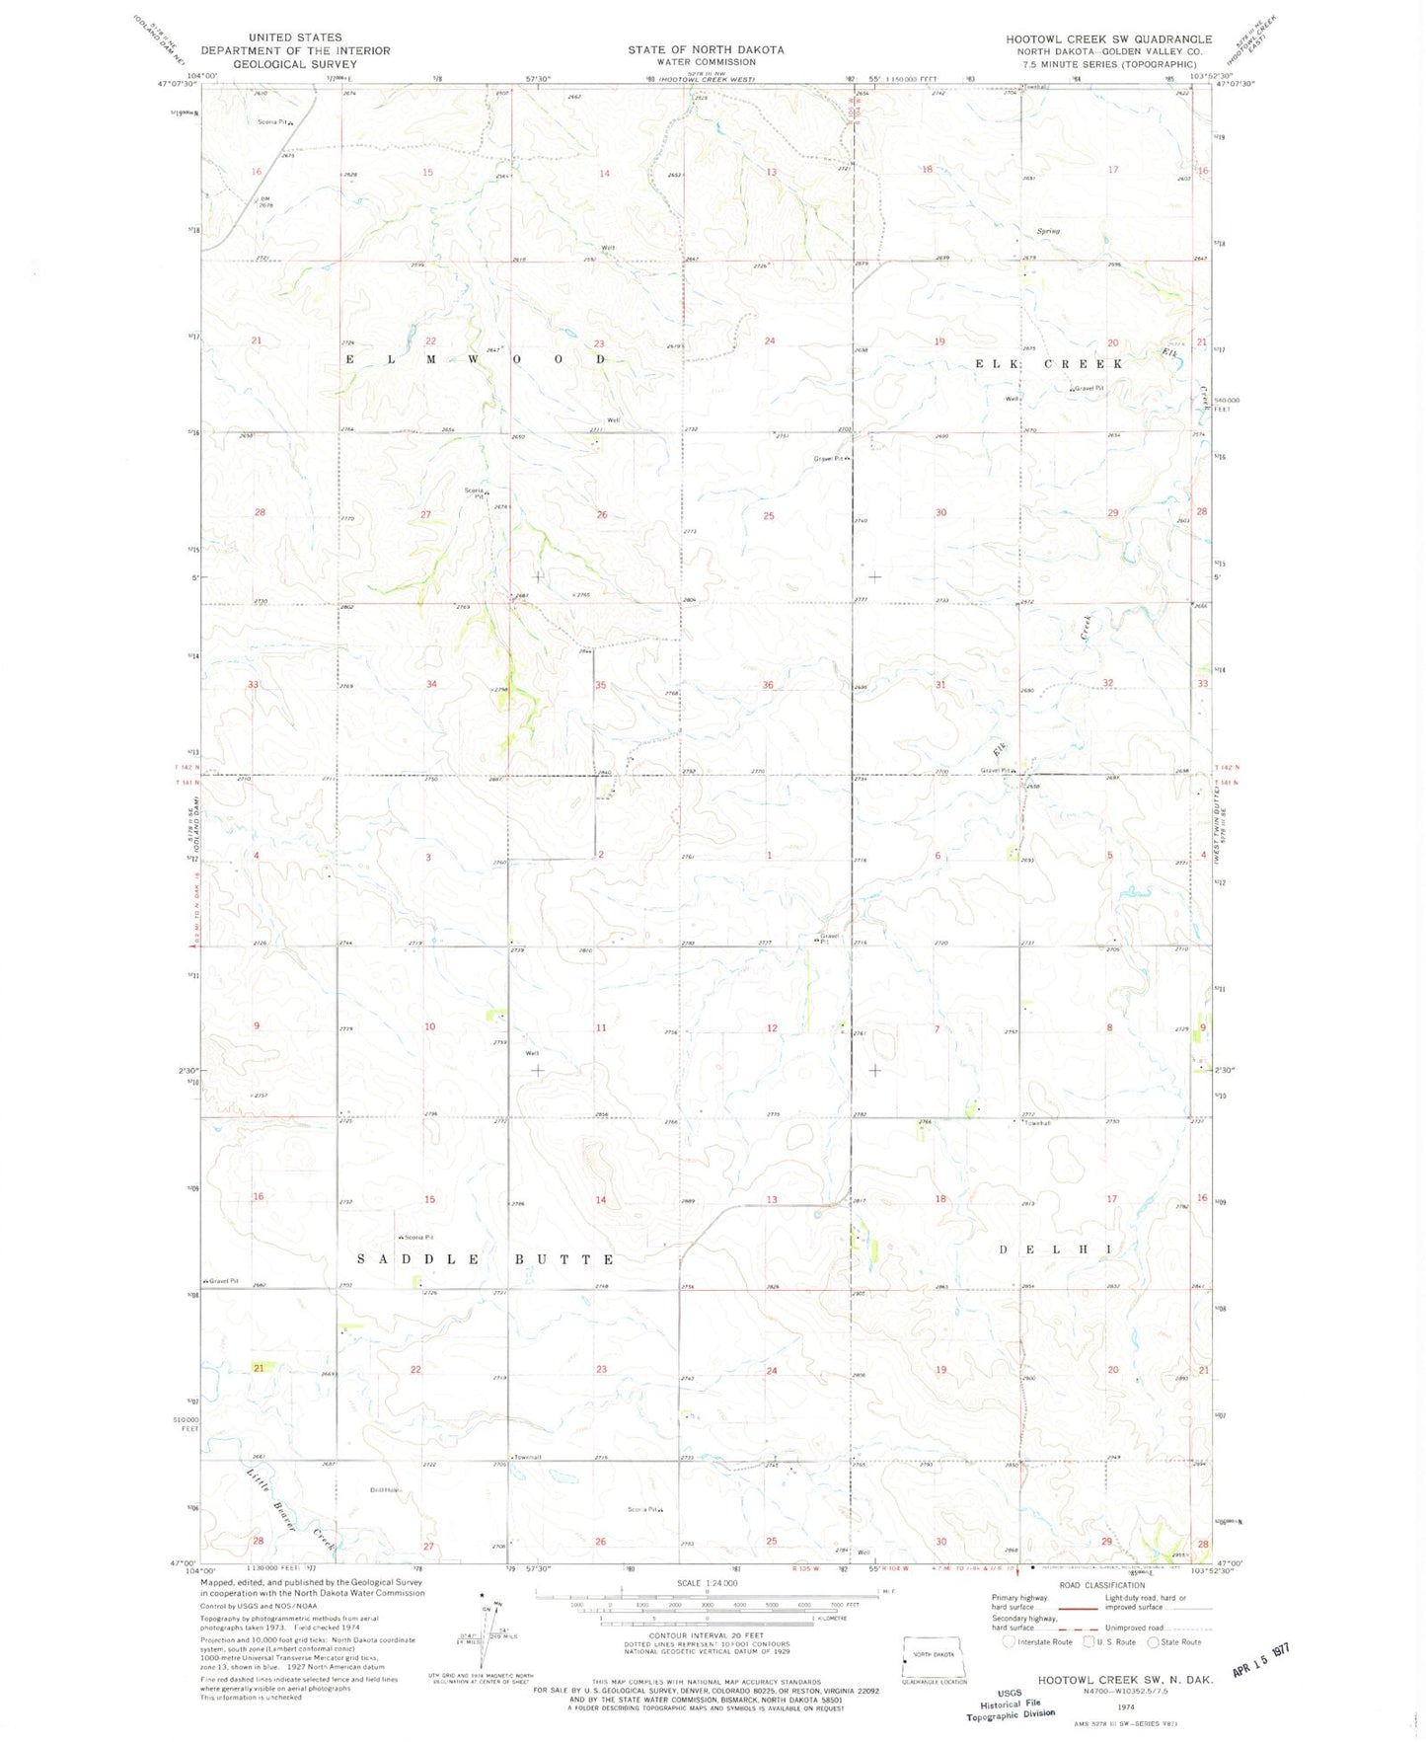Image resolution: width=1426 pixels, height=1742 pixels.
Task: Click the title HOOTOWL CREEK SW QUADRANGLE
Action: pyautogui.click(x=1108, y=39)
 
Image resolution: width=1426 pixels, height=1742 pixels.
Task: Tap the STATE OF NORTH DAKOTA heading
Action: pyautogui.click(x=706, y=49)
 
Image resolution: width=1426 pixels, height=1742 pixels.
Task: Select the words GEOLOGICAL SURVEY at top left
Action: pyautogui.click(x=295, y=64)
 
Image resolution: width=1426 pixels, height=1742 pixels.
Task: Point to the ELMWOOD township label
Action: pyautogui.click(x=475, y=359)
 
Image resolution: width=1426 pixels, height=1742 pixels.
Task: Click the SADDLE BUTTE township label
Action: pyautogui.click(x=486, y=1259)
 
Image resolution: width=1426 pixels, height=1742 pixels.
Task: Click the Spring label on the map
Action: pyautogui.click(x=1048, y=231)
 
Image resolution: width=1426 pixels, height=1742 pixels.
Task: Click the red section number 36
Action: pyautogui.click(x=768, y=685)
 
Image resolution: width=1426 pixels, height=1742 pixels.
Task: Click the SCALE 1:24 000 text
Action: pyautogui.click(x=706, y=1583)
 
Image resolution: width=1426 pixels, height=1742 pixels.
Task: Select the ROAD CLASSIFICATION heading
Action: pyautogui.click(x=1101, y=1585)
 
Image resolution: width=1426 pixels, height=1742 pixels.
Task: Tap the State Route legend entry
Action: pyautogui.click(x=1174, y=1642)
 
